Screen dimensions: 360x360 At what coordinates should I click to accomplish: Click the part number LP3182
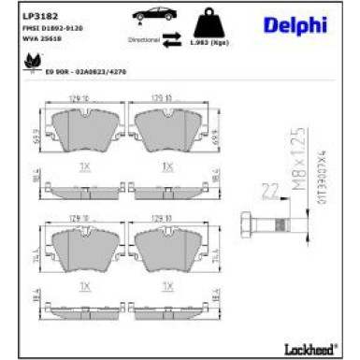(36, 16)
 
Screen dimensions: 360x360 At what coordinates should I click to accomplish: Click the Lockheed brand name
(312, 348)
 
